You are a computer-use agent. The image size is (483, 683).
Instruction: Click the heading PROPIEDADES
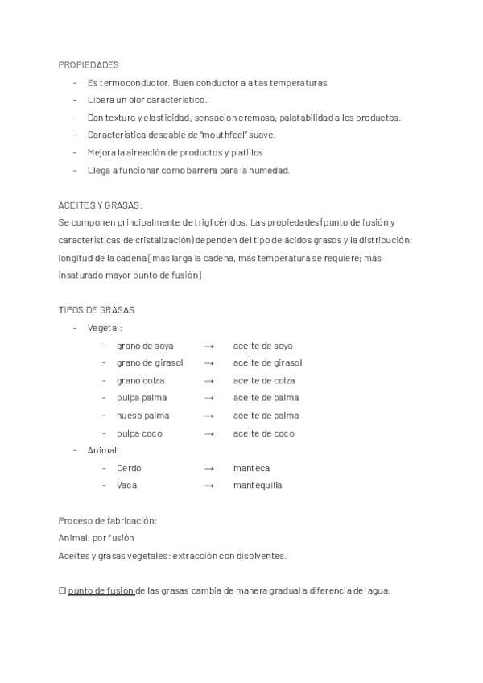pyautogui.click(x=89, y=64)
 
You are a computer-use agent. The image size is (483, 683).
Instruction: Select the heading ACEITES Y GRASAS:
pyautogui.click(x=100, y=205)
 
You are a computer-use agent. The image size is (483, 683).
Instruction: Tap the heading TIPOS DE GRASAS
pyautogui.click(x=97, y=310)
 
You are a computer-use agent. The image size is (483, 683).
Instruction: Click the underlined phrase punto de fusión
pyautogui.click(x=101, y=590)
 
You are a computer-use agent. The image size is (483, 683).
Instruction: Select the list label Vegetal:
pyautogui.click(x=104, y=328)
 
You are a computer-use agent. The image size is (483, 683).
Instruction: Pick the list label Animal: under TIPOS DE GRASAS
pyautogui.click(x=103, y=450)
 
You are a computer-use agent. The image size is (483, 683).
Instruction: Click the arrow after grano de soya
pyautogui.click(x=208, y=346)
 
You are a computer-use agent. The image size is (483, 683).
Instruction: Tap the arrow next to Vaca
pyautogui.click(x=208, y=486)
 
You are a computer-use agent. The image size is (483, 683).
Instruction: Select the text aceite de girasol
pyautogui.click(x=267, y=363)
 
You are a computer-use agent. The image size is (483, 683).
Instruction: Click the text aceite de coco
pyautogui.click(x=263, y=433)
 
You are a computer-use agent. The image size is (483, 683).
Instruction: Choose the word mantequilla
pyautogui.click(x=258, y=486)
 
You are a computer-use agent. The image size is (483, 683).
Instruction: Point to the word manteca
pyautogui.click(x=251, y=468)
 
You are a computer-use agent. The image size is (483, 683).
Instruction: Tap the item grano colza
pyautogui.click(x=141, y=380)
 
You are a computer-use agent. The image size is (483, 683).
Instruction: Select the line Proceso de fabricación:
pyautogui.click(x=107, y=521)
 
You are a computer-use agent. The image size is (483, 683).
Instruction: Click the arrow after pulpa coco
pyautogui.click(x=208, y=433)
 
